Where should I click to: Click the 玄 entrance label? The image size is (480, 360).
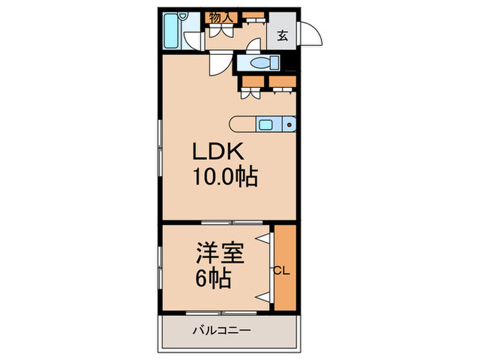coord(283,36)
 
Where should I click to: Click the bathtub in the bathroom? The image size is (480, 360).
coord(172,34)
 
